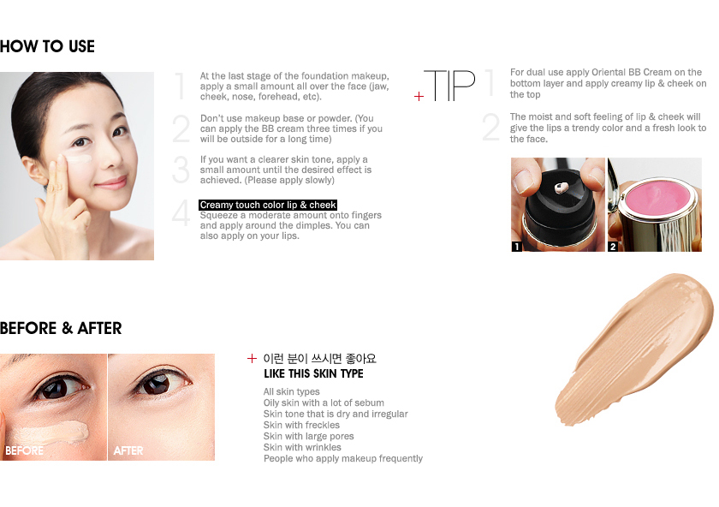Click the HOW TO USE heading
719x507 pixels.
(x=47, y=46)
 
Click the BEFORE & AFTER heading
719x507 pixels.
(x=61, y=328)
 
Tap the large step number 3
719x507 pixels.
(x=180, y=170)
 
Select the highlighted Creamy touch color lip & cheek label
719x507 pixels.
(x=268, y=205)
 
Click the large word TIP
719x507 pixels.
(x=450, y=84)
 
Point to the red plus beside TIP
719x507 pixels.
(x=419, y=96)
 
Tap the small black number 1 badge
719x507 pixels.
(x=517, y=247)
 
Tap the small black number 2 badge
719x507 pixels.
(x=613, y=247)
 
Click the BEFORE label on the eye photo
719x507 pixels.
(x=25, y=450)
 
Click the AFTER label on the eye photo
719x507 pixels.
(x=128, y=450)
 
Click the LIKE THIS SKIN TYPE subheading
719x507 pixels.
(x=313, y=374)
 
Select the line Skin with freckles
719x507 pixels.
(x=301, y=425)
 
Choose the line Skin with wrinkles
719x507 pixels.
(x=301, y=447)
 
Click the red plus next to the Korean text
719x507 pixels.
(x=252, y=359)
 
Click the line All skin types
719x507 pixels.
(x=291, y=391)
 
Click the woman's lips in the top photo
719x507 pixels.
(x=109, y=182)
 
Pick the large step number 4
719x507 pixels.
(x=180, y=214)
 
